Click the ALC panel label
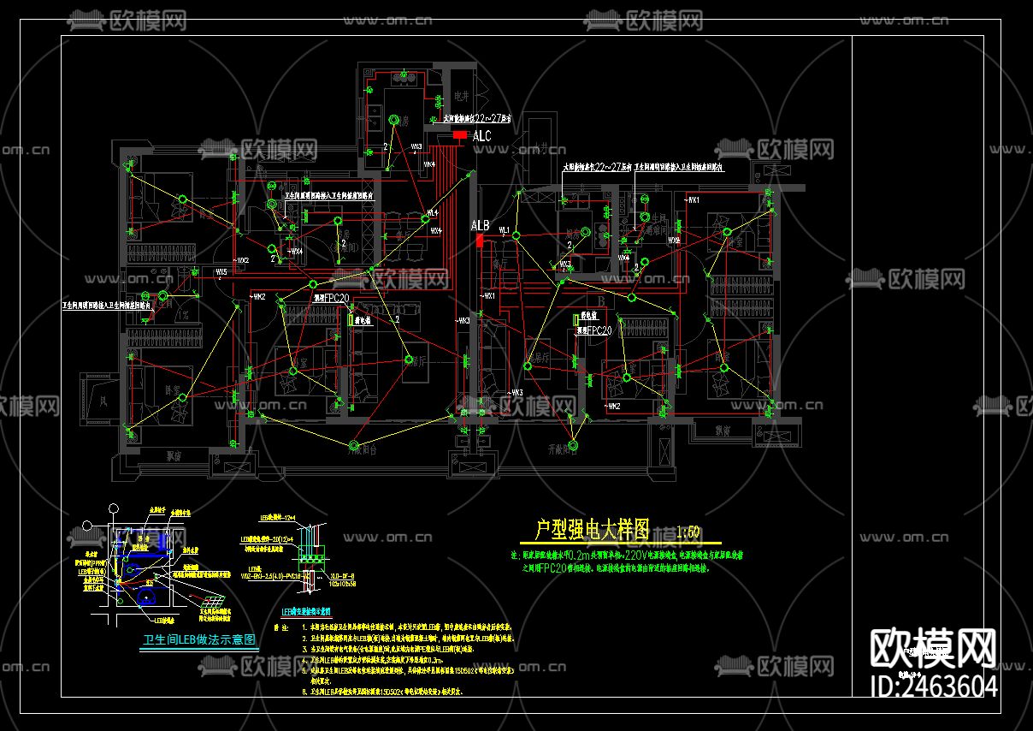pyautogui.click(x=482, y=136)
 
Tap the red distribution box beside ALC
pyautogui.click(x=460, y=135)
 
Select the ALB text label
pyautogui.click(x=480, y=226)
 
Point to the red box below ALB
pyautogui.click(x=480, y=241)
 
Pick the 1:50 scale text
pyautogui.click(x=688, y=532)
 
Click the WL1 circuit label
pyautogui.click(x=505, y=230)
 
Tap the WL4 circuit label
pyautogui.click(x=432, y=212)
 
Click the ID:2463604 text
pyautogui.click(x=933, y=686)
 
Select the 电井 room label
pyautogui.click(x=462, y=96)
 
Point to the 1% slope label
pyautogui.click(x=182, y=314)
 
